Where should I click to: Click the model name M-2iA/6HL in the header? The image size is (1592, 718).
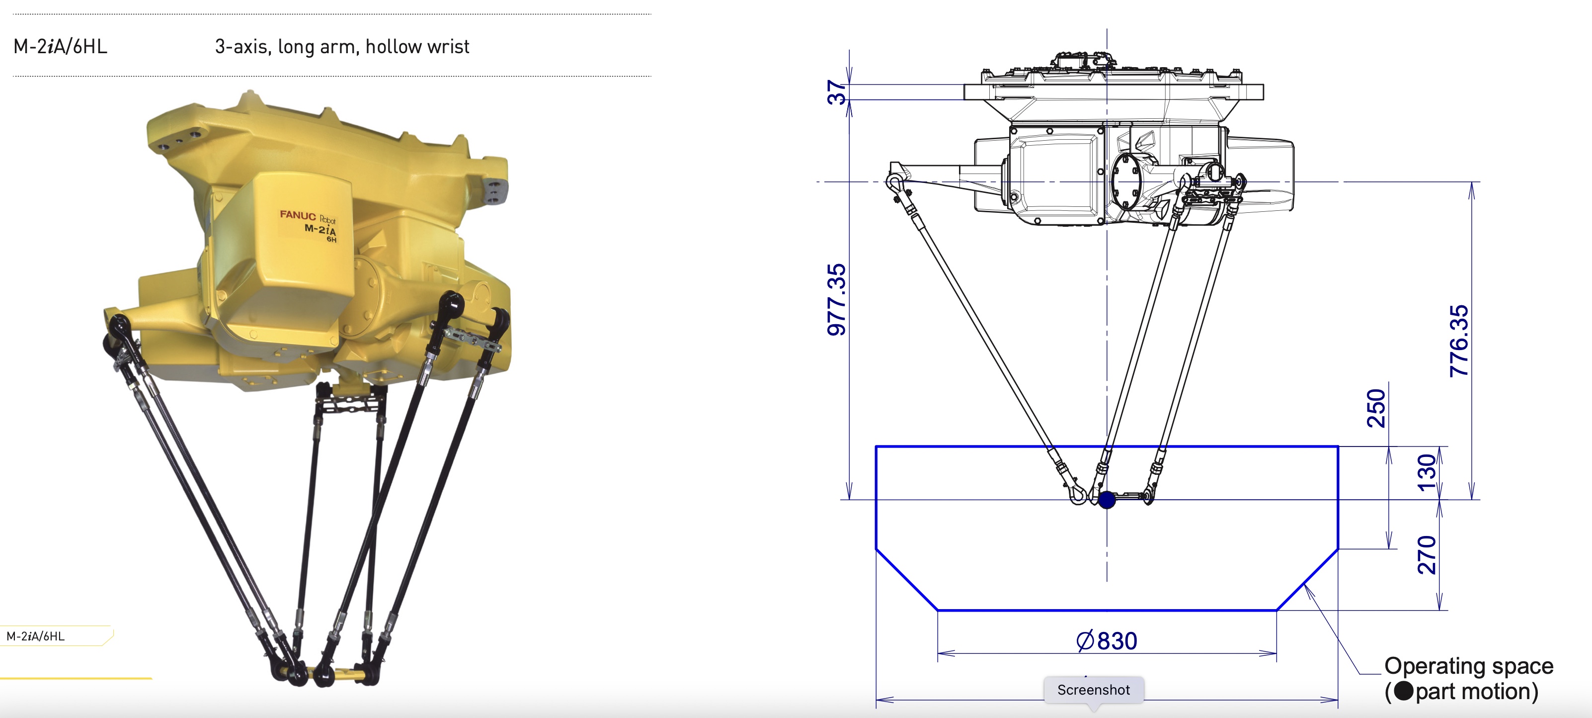point(60,46)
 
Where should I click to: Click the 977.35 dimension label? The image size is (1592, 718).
point(836,300)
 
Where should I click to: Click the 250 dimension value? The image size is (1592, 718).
point(1376,408)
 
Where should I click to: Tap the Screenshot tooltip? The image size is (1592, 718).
point(1093,690)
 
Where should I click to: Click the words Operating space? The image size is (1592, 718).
point(1468,666)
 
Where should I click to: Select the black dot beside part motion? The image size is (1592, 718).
point(1404,691)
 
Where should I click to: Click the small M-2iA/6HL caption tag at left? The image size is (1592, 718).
point(36,636)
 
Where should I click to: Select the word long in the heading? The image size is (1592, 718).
point(296,46)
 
